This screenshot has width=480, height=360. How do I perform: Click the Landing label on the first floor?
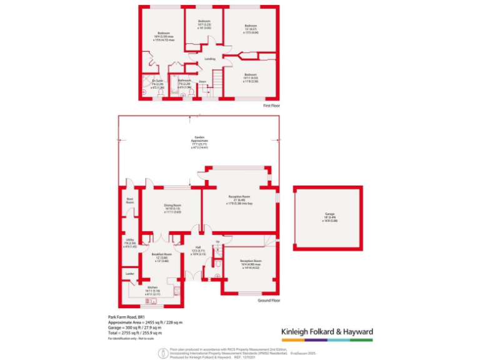(210, 59)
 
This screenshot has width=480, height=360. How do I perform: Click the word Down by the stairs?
(202, 81)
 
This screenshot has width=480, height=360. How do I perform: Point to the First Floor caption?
(271, 106)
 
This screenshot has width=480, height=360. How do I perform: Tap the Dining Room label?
(172, 205)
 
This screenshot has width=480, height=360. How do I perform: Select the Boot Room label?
(130, 201)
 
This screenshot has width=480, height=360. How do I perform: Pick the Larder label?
(130, 274)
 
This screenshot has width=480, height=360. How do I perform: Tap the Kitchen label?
(152, 287)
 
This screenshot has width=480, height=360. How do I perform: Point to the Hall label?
(198, 247)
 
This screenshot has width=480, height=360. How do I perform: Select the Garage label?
(329, 214)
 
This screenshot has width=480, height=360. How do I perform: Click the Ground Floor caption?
(268, 301)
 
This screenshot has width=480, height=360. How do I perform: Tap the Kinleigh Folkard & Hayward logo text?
(324, 331)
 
